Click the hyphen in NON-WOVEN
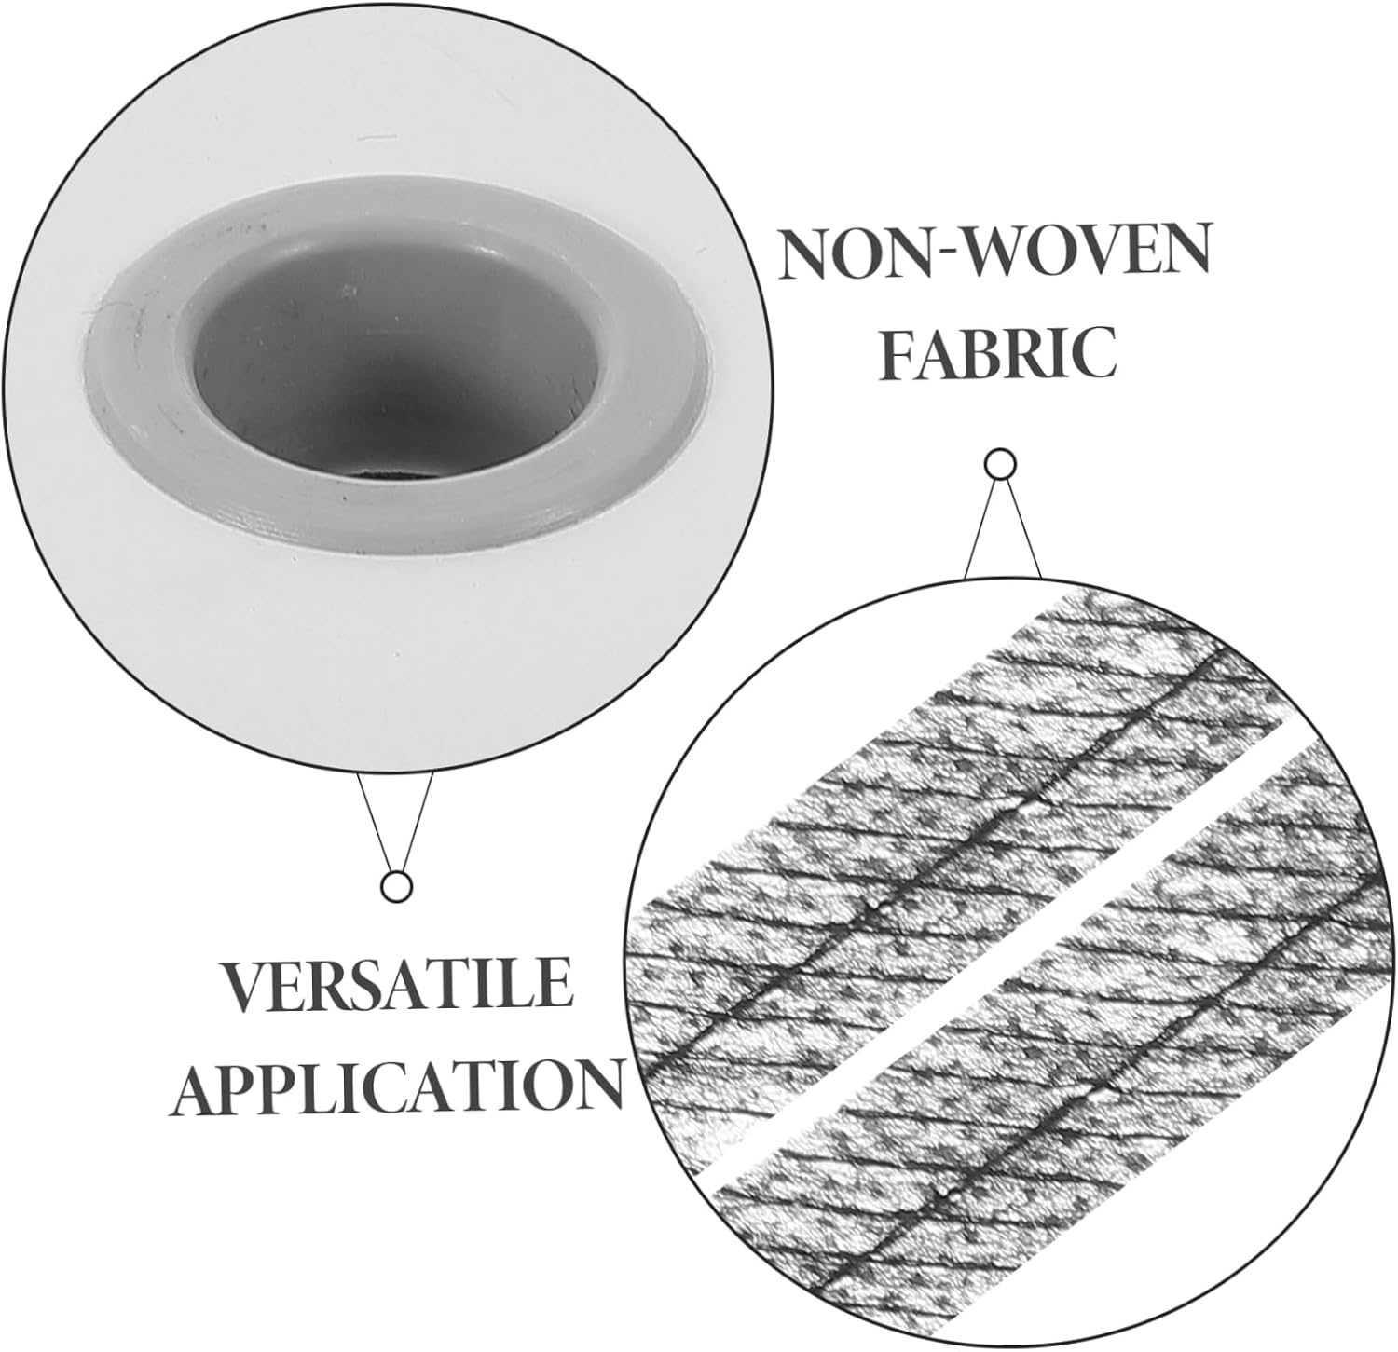click(947, 256)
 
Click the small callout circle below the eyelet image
click(398, 886)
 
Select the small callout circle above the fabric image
click(1000, 463)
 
